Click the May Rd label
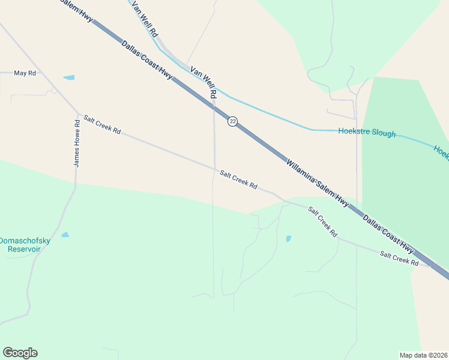pos(25,73)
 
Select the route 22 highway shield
pos(232,122)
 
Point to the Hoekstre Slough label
pos(367,133)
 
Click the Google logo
pos(20,353)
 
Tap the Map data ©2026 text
pos(423,355)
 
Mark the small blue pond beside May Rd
pos(69,77)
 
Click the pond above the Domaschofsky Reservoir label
pos(65,235)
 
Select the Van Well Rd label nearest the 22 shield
pos(203,82)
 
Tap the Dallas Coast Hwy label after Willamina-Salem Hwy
pos(388,234)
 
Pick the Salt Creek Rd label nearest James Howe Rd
pos(102,124)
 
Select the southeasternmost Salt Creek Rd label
pos(399,259)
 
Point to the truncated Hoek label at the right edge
pos(441,152)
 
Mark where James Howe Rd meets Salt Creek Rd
pos(78,113)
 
